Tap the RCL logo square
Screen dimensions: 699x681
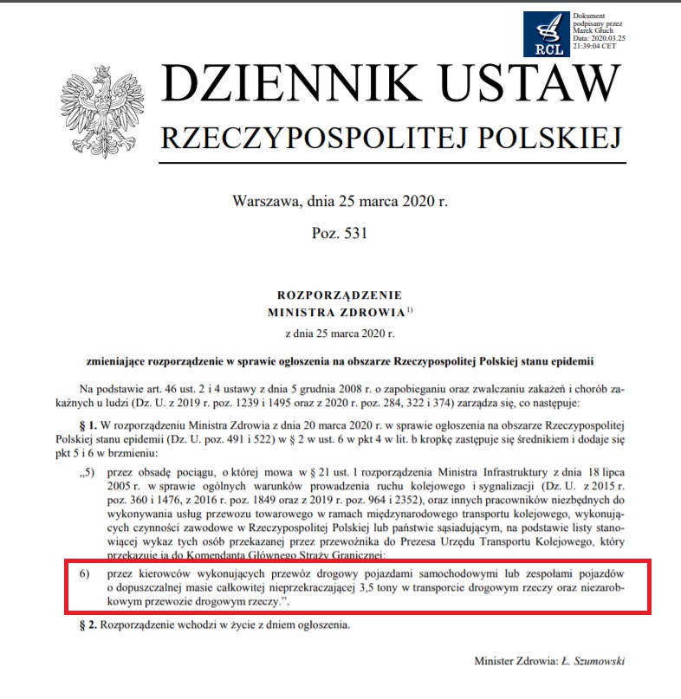(x=548, y=36)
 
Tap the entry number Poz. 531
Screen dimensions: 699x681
(x=340, y=236)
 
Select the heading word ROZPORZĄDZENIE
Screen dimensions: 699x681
(x=340, y=294)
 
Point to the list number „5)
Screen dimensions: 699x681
(x=84, y=473)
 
